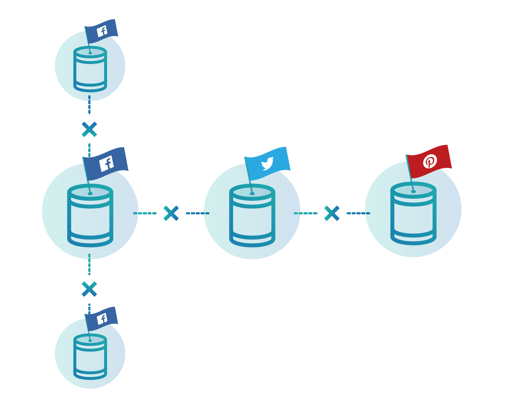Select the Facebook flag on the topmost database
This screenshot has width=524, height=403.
click(x=102, y=31)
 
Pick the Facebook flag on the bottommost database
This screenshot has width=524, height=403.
click(x=102, y=319)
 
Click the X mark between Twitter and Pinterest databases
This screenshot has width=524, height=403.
click(x=332, y=213)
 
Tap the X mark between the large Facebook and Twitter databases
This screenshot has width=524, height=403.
click(x=171, y=213)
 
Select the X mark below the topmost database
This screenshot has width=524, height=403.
click(x=89, y=129)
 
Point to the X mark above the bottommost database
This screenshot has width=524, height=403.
click(x=89, y=289)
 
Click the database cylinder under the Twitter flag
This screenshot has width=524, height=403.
click(x=252, y=216)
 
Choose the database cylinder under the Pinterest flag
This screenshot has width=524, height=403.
click(x=413, y=214)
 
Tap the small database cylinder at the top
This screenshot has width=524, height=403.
click(x=90, y=70)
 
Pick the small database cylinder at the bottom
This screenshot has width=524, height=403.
click(x=90, y=357)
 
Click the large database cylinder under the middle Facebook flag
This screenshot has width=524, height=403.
click(x=90, y=216)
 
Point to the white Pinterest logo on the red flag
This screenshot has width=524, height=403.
click(x=430, y=161)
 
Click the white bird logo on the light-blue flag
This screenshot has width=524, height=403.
click(x=267, y=164)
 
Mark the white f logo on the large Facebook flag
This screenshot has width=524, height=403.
click(x=107, y=164)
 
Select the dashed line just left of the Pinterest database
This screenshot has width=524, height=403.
click(x=358, y=213)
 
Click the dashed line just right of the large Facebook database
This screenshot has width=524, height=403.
click(x=145, y=213)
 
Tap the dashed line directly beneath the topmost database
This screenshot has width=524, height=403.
click(x=89, y=105)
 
